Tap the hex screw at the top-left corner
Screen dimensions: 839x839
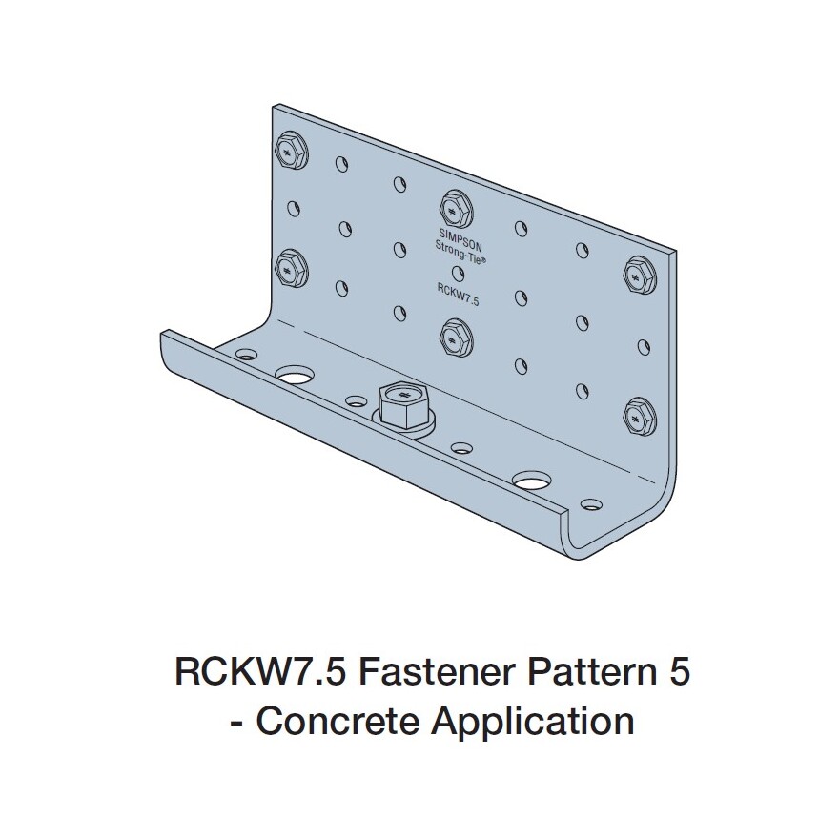(287, 151)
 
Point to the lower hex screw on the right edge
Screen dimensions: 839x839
(635, 416)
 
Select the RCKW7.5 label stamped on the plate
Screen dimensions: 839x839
(457, 297)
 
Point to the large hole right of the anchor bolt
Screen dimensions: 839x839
(529, 480)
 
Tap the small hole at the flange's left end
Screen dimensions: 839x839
(245, 353)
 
